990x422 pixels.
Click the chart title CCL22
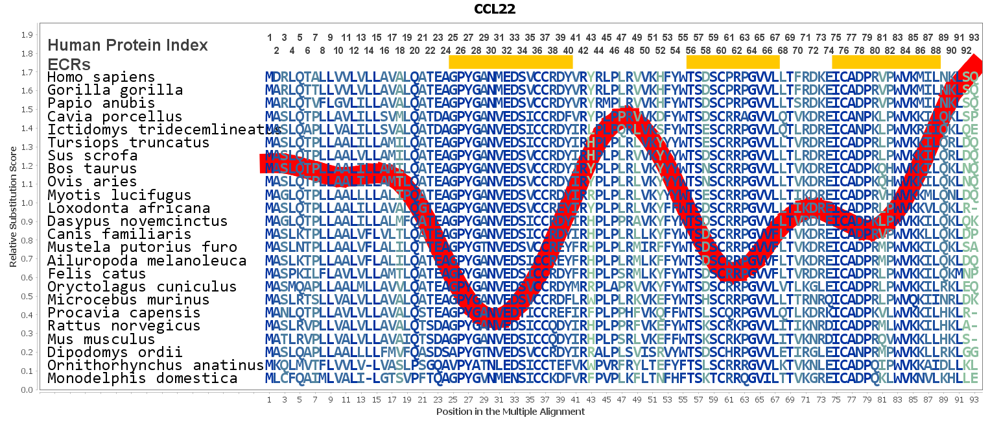click(x=495, y=9)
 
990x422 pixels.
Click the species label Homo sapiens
click(x=101, y=77)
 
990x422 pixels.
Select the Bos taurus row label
click(x=92, y=169)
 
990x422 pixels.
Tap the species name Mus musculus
click(x=101, y=339)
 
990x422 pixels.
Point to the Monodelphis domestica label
click(x=142, y=379)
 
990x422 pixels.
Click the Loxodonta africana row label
click(x=128, y=208)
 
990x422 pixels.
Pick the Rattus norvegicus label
click(x=124, y=326)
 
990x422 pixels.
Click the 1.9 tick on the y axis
click(x=27, y=35)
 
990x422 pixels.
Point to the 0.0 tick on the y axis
click(x=27, y=390)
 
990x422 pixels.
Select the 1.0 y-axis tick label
click(x=27, y=203)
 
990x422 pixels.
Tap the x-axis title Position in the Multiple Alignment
click(x=510, y=412)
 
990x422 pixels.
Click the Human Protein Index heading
click(x=128, y=45)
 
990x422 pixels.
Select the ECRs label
click(x=69, y=64)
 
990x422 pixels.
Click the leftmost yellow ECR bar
click(x=510, y=62)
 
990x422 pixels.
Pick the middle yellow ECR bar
click(x=733, y=62)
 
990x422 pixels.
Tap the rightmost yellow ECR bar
click(x=886, y=62)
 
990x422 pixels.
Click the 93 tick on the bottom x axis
click(x=974, y=400)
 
